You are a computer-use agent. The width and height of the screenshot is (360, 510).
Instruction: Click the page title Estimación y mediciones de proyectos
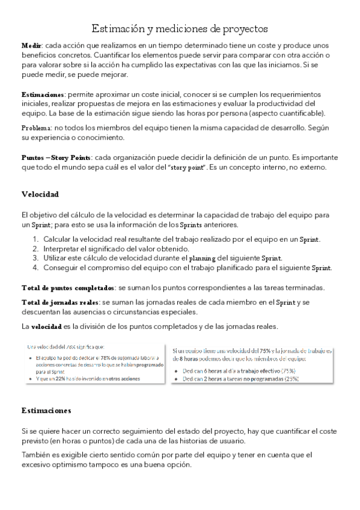tap(180, 29)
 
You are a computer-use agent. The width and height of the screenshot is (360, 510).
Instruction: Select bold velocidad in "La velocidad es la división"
tap(46, 327)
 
